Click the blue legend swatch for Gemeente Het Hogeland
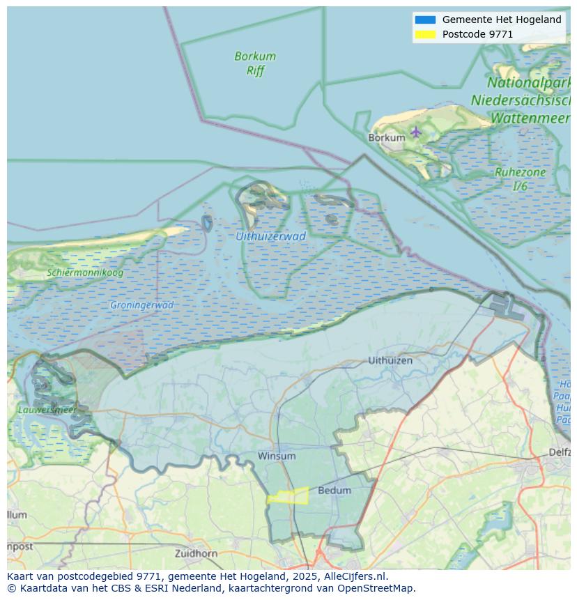(425, 20)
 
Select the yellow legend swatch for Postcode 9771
(425, 34)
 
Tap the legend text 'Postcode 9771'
(477, 34)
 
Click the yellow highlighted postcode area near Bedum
(288, 496)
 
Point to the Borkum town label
(386, 138)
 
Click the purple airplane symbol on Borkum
(416, 131)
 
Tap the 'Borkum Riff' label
(255, 63)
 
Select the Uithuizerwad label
(270, 236)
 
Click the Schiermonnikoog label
(85, 272)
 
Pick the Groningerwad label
(141, 305)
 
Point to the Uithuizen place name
(390, 360)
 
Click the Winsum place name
(277, 456)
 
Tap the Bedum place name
(334, 491)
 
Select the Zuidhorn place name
(196, 553)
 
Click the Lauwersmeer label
(47, 410)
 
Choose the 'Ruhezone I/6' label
(520, 179)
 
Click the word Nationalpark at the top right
(530, 83)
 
